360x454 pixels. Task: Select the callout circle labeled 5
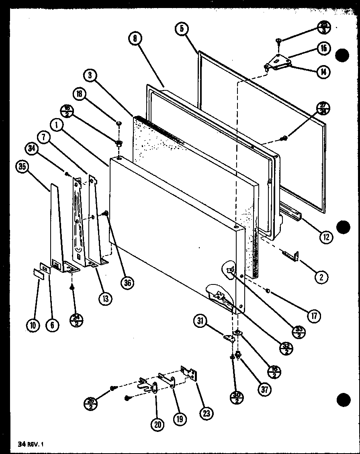pyautogui.click(x=182, y=29)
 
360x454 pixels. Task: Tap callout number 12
pyautogui.click(x=326, y=237)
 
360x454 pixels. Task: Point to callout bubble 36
pyautogui.click(x=128, y=283)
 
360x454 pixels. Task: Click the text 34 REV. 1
pyautogui.click(x=30, y=444)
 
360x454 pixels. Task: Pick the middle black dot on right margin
pyautogui.click(x=343, y=227)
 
